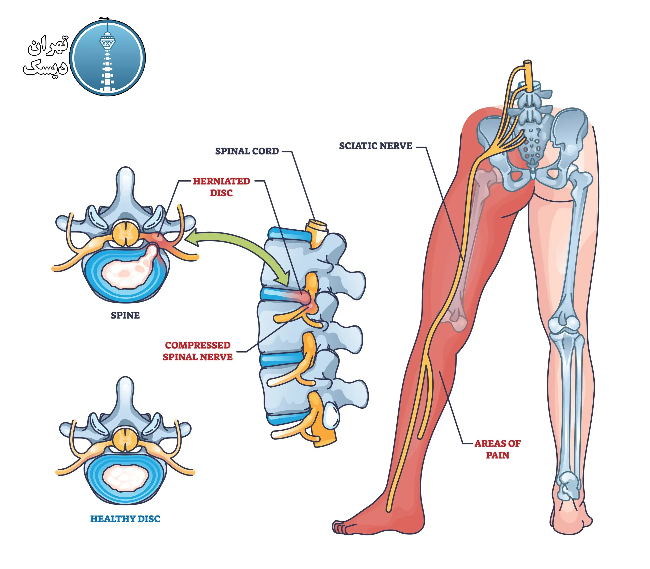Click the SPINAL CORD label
tap(247, 151)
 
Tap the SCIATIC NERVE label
tap(376, 146)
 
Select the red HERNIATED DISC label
tap(221, 187)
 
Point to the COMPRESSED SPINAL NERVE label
tap(198, 351)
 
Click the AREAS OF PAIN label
tap(497, 449)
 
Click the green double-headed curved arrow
tap(238, 248)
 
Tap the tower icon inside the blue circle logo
tap(107, 57)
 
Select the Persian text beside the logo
tap(46, 57)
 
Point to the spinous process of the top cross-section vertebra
tap(126, 184)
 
